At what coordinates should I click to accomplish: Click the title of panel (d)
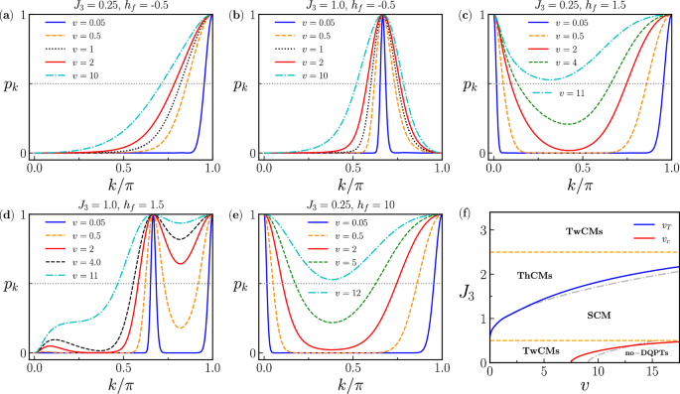(x=122, y=204)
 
